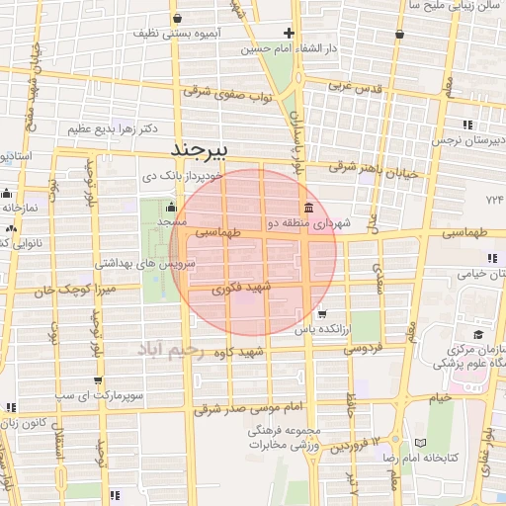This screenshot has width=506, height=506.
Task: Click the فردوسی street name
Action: pos(362,348)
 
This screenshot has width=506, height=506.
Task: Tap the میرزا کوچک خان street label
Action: pos(68,291)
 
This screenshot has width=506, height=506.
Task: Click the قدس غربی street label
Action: pos(355,85)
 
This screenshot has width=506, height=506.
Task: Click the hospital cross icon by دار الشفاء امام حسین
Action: pos(289,33)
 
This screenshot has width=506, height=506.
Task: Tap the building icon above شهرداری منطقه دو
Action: pos(310,208)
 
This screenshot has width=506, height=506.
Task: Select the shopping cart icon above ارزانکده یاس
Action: pos(322,313)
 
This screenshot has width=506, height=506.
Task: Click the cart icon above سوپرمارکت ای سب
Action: pos(97,379)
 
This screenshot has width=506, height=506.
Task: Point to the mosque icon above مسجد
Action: pos(172,208)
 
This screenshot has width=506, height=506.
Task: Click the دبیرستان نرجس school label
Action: pos(466,140)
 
